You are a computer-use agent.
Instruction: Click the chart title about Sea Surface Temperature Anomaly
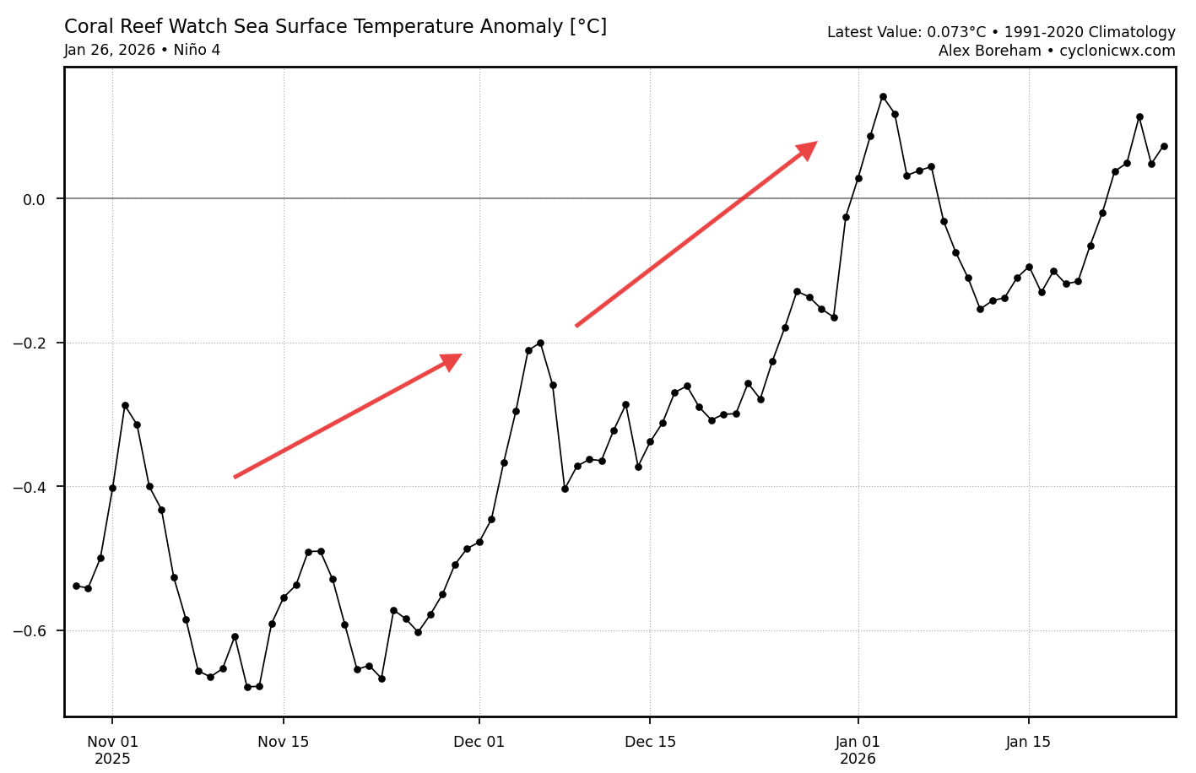335,27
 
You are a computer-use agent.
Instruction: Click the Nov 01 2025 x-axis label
112,750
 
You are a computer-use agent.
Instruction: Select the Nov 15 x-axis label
284,743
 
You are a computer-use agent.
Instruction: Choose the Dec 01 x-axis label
479,743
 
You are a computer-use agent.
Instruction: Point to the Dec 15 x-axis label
650,743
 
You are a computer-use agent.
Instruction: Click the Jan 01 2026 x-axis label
858,750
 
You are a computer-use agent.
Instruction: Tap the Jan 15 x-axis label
1028,743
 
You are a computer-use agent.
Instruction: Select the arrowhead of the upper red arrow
808,149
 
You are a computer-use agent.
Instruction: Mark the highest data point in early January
883,96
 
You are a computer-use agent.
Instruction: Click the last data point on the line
1164,146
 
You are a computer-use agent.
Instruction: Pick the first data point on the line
76,586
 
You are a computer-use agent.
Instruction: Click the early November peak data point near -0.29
125,405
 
